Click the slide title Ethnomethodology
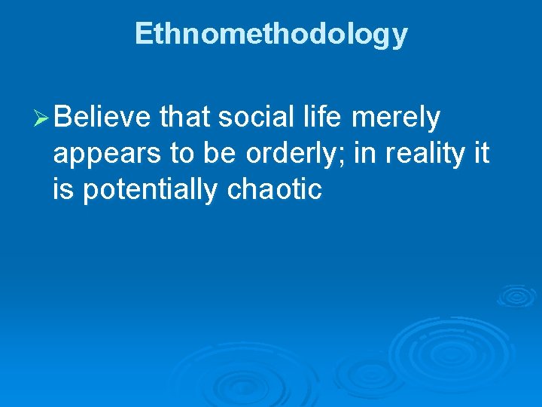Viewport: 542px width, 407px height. tap(271, 34)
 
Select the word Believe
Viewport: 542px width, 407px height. tap(102, 118)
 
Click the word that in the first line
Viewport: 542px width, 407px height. tap(186, 118)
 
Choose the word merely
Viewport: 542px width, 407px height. tap(394, 119)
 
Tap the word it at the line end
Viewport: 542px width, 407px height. tap(480, 154)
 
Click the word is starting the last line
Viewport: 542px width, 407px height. tap(63, 190)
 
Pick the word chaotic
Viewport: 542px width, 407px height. tap(274, 190)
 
